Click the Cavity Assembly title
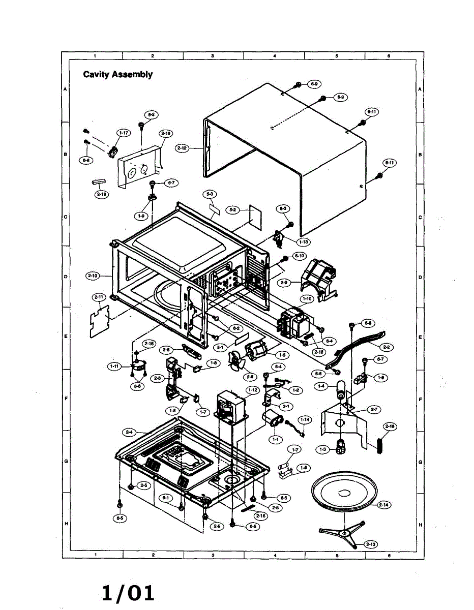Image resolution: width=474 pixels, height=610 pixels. [117, 74]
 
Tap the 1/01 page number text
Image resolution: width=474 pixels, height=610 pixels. [128, 593]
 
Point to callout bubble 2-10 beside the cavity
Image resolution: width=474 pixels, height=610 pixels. [93, 276]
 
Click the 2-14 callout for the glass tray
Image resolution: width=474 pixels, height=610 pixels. [384, 505]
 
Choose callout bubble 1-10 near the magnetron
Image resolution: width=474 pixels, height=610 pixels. [307, 298]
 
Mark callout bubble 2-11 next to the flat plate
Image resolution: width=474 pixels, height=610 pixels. [99, 296]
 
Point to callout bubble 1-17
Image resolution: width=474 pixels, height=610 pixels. [123, 133]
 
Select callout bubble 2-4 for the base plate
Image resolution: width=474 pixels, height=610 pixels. [129, 432]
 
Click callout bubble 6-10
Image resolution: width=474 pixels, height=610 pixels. [300, 255]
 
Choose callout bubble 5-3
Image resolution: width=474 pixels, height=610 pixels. [210, 194]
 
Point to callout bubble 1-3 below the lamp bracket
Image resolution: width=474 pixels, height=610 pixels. [322, 449]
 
